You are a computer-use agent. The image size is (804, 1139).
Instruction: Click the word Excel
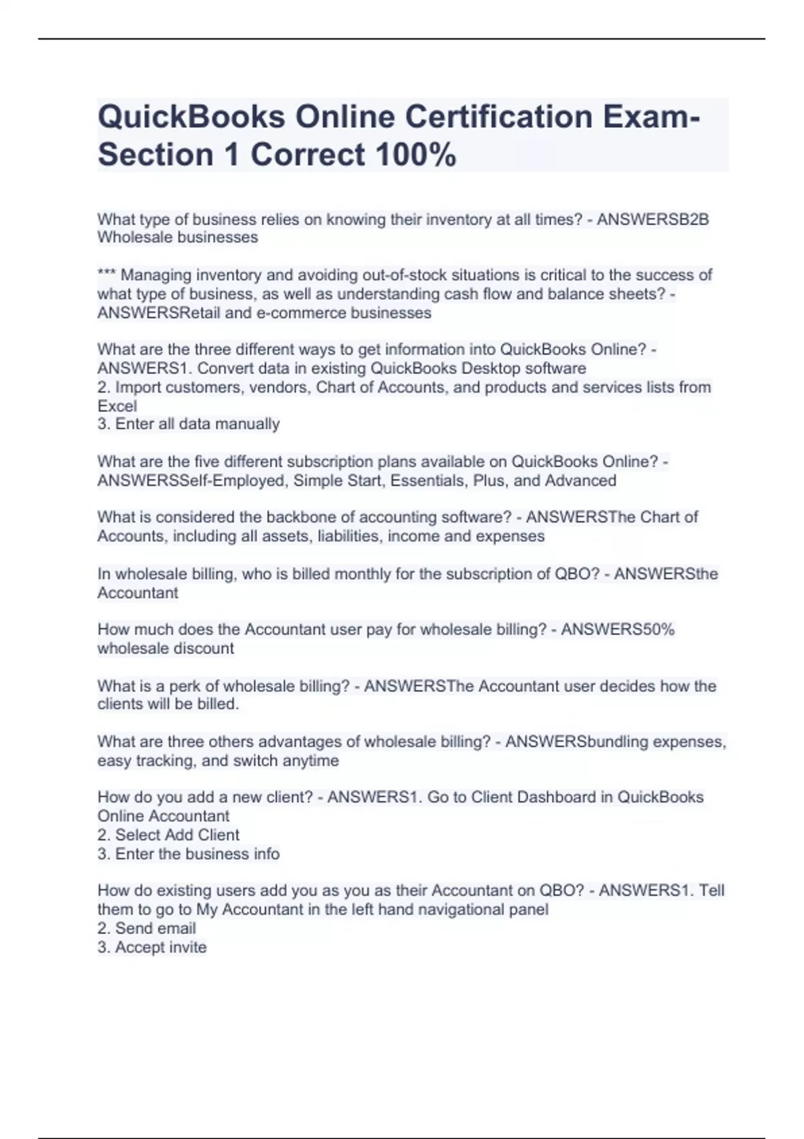point(117,406)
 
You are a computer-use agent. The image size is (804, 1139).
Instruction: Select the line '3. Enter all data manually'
point(188,424)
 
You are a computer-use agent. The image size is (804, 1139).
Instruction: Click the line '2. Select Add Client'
point(168,835)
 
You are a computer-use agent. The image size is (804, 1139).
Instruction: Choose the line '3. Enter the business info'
point(188,854)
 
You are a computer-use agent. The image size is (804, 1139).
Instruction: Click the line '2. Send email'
point(147,928)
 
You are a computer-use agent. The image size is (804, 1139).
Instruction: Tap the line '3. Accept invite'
point(152,947)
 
